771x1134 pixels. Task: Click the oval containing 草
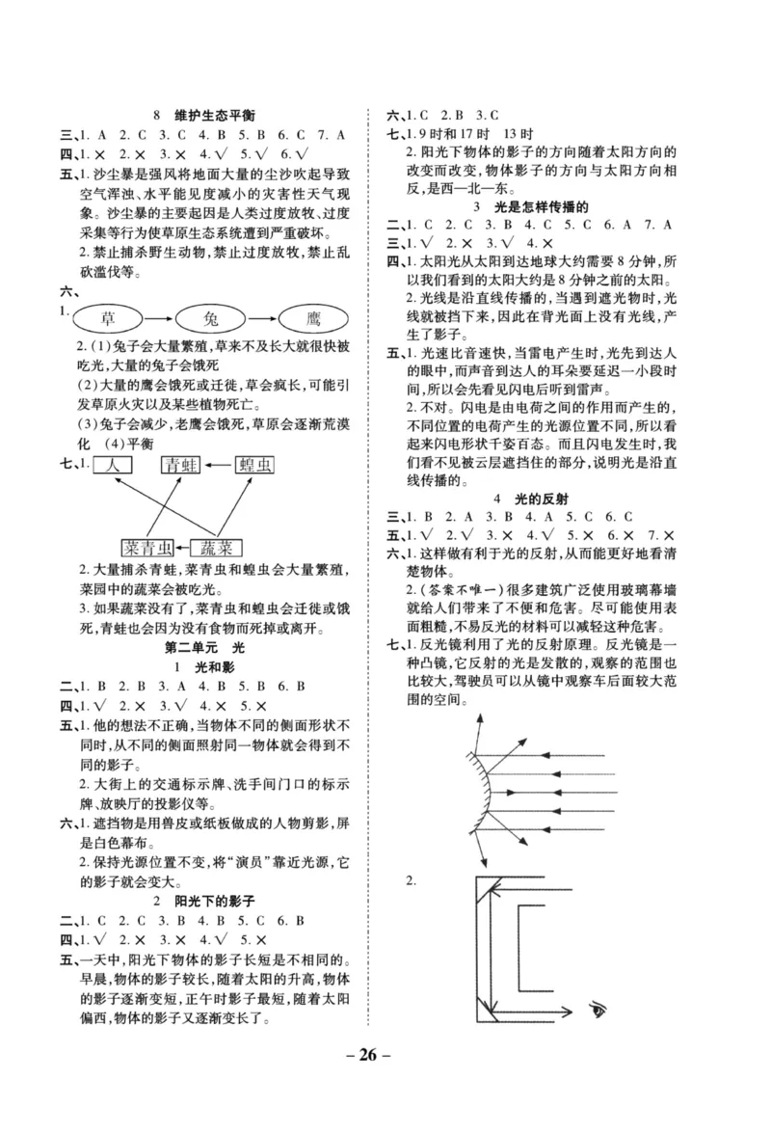[106, 318]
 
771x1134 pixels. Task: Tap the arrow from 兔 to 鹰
[263, 318]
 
